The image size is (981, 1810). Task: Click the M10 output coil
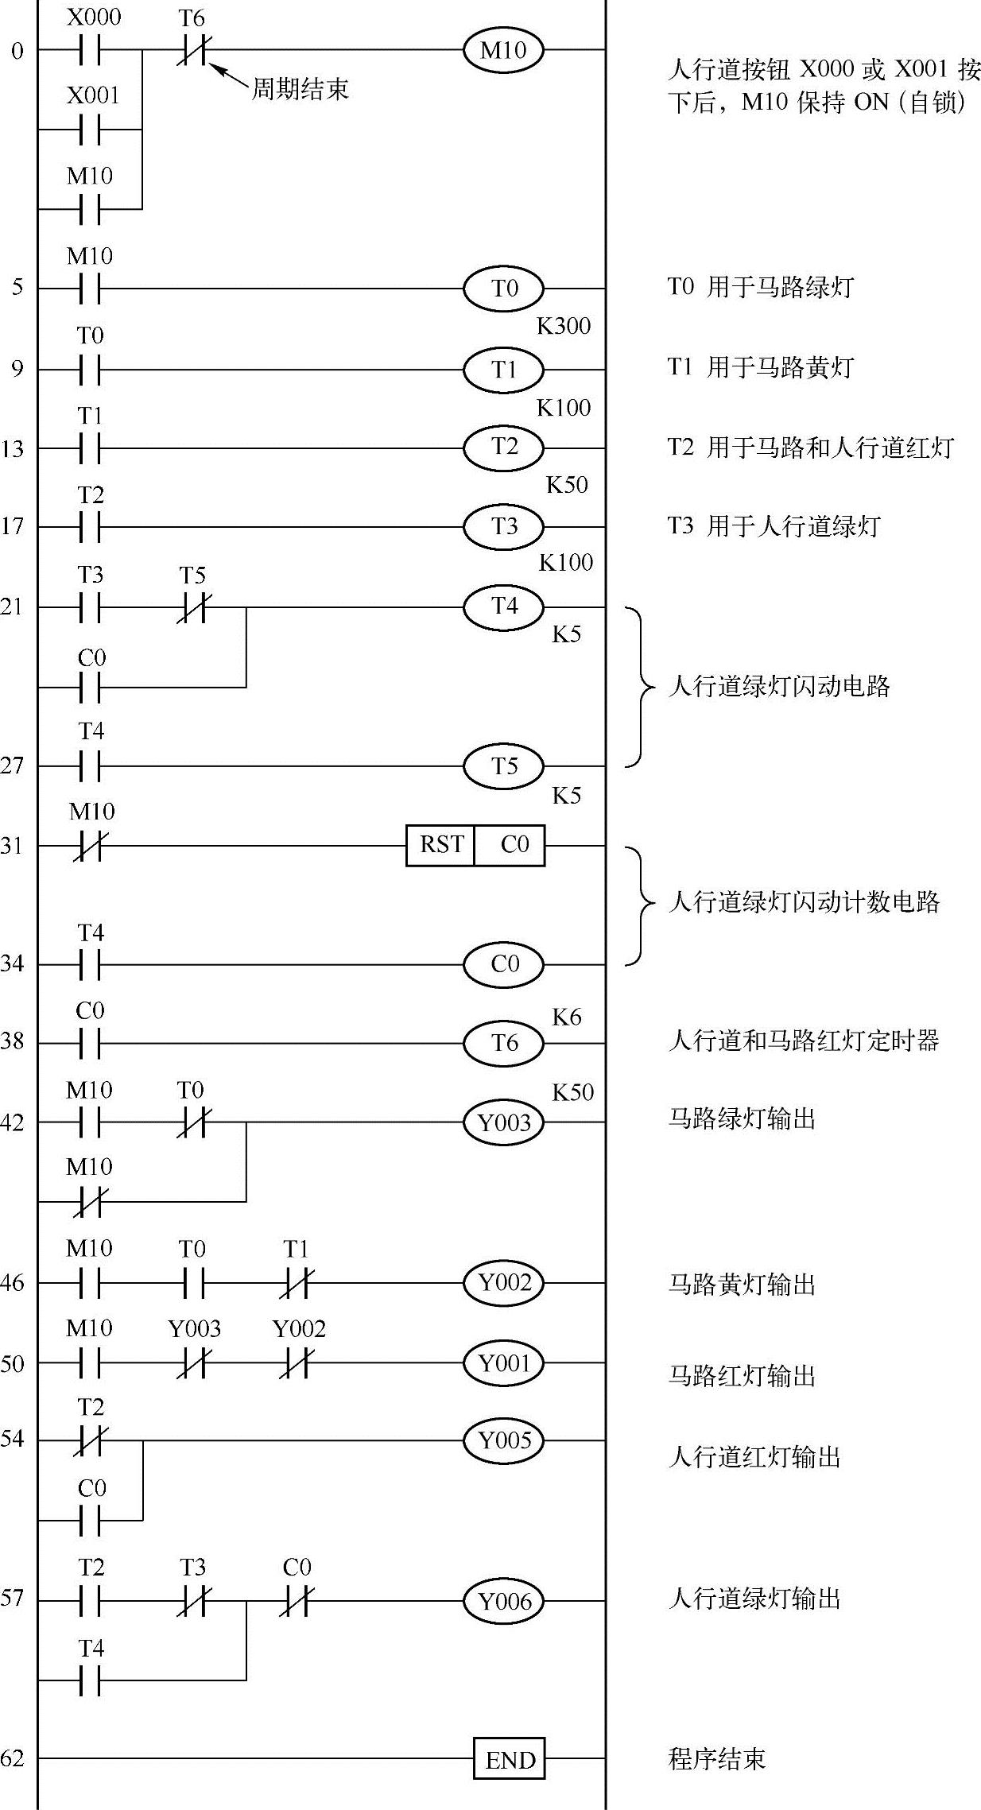pos(503,50)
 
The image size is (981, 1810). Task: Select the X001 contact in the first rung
pos(91,129)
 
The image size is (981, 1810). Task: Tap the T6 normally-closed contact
pos(192,50)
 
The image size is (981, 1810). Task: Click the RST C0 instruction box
pos(475,845)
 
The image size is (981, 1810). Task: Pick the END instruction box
pos(510,1760)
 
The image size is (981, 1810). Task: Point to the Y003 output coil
pos(503,1122)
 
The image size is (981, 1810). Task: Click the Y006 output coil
pos(503,1601)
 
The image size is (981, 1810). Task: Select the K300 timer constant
pos(564,327)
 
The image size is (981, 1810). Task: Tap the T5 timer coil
pos(503,765)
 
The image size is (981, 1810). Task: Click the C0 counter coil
pos(503,964)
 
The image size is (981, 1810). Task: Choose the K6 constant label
pos(566,1017)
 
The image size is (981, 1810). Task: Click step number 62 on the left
pos(13,1758)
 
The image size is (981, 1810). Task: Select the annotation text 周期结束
pos(301,88)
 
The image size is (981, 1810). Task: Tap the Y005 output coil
pos(503,1440)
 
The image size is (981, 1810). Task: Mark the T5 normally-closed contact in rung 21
pos(192,608)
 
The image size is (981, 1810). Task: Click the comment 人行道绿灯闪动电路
pos(779,686)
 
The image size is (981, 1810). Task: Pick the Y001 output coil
pos(503,1363)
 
